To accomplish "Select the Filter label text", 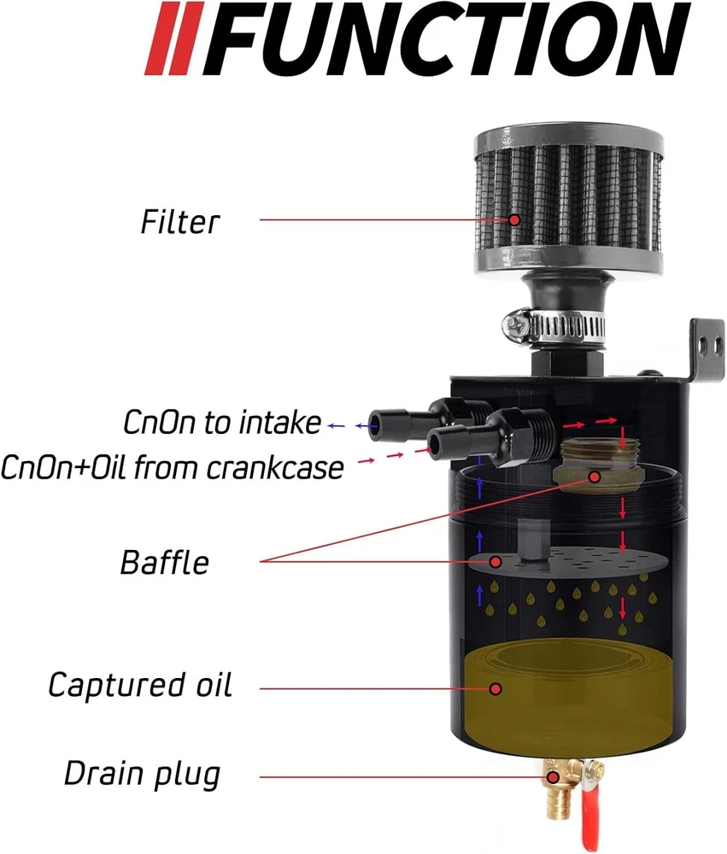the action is point(180,222).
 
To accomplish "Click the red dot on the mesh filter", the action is point(514,220).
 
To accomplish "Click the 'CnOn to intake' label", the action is point(222,423).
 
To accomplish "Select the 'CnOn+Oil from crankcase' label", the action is point(173,467).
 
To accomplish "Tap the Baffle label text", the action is point(165,563).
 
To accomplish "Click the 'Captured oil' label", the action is point(140,685).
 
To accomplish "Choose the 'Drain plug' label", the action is point(142,775).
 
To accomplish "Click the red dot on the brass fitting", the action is point(595,477).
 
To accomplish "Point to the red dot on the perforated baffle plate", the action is point(495,562).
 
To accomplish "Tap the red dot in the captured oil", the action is point(495,689).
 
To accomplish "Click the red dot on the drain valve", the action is point(553,776).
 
